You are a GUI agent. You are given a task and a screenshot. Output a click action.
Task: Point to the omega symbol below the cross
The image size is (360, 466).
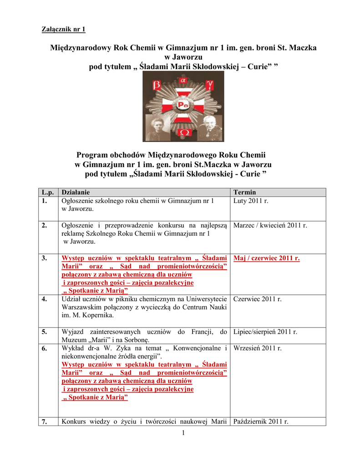184,132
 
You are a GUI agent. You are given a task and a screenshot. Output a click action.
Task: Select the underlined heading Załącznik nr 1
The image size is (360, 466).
64,30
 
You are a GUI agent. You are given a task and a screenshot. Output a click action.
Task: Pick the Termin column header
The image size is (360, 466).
245,192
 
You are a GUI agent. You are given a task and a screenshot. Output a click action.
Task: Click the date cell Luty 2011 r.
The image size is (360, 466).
251,201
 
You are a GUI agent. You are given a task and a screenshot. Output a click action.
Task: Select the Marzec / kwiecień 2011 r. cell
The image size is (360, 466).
270,225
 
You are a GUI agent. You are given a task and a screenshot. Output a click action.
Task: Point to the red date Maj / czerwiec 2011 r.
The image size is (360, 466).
267,258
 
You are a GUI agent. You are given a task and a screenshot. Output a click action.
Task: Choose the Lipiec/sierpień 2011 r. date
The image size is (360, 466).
265,332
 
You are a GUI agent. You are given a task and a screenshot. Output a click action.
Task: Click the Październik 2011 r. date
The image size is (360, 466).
261,421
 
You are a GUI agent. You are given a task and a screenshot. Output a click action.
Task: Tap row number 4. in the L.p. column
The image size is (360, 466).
44,299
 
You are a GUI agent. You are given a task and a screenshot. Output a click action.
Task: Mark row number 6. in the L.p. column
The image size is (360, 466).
44,348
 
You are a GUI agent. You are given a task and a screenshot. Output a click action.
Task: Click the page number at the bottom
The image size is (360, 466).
183,432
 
